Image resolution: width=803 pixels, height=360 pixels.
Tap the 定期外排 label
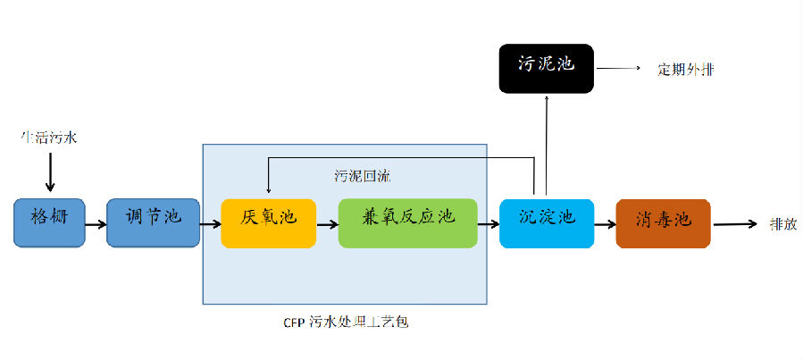(x=685, y=69)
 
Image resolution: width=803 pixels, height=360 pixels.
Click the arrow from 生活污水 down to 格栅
(x=50, y=172)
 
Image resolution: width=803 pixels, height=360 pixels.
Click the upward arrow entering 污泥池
(x=546, y=143)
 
